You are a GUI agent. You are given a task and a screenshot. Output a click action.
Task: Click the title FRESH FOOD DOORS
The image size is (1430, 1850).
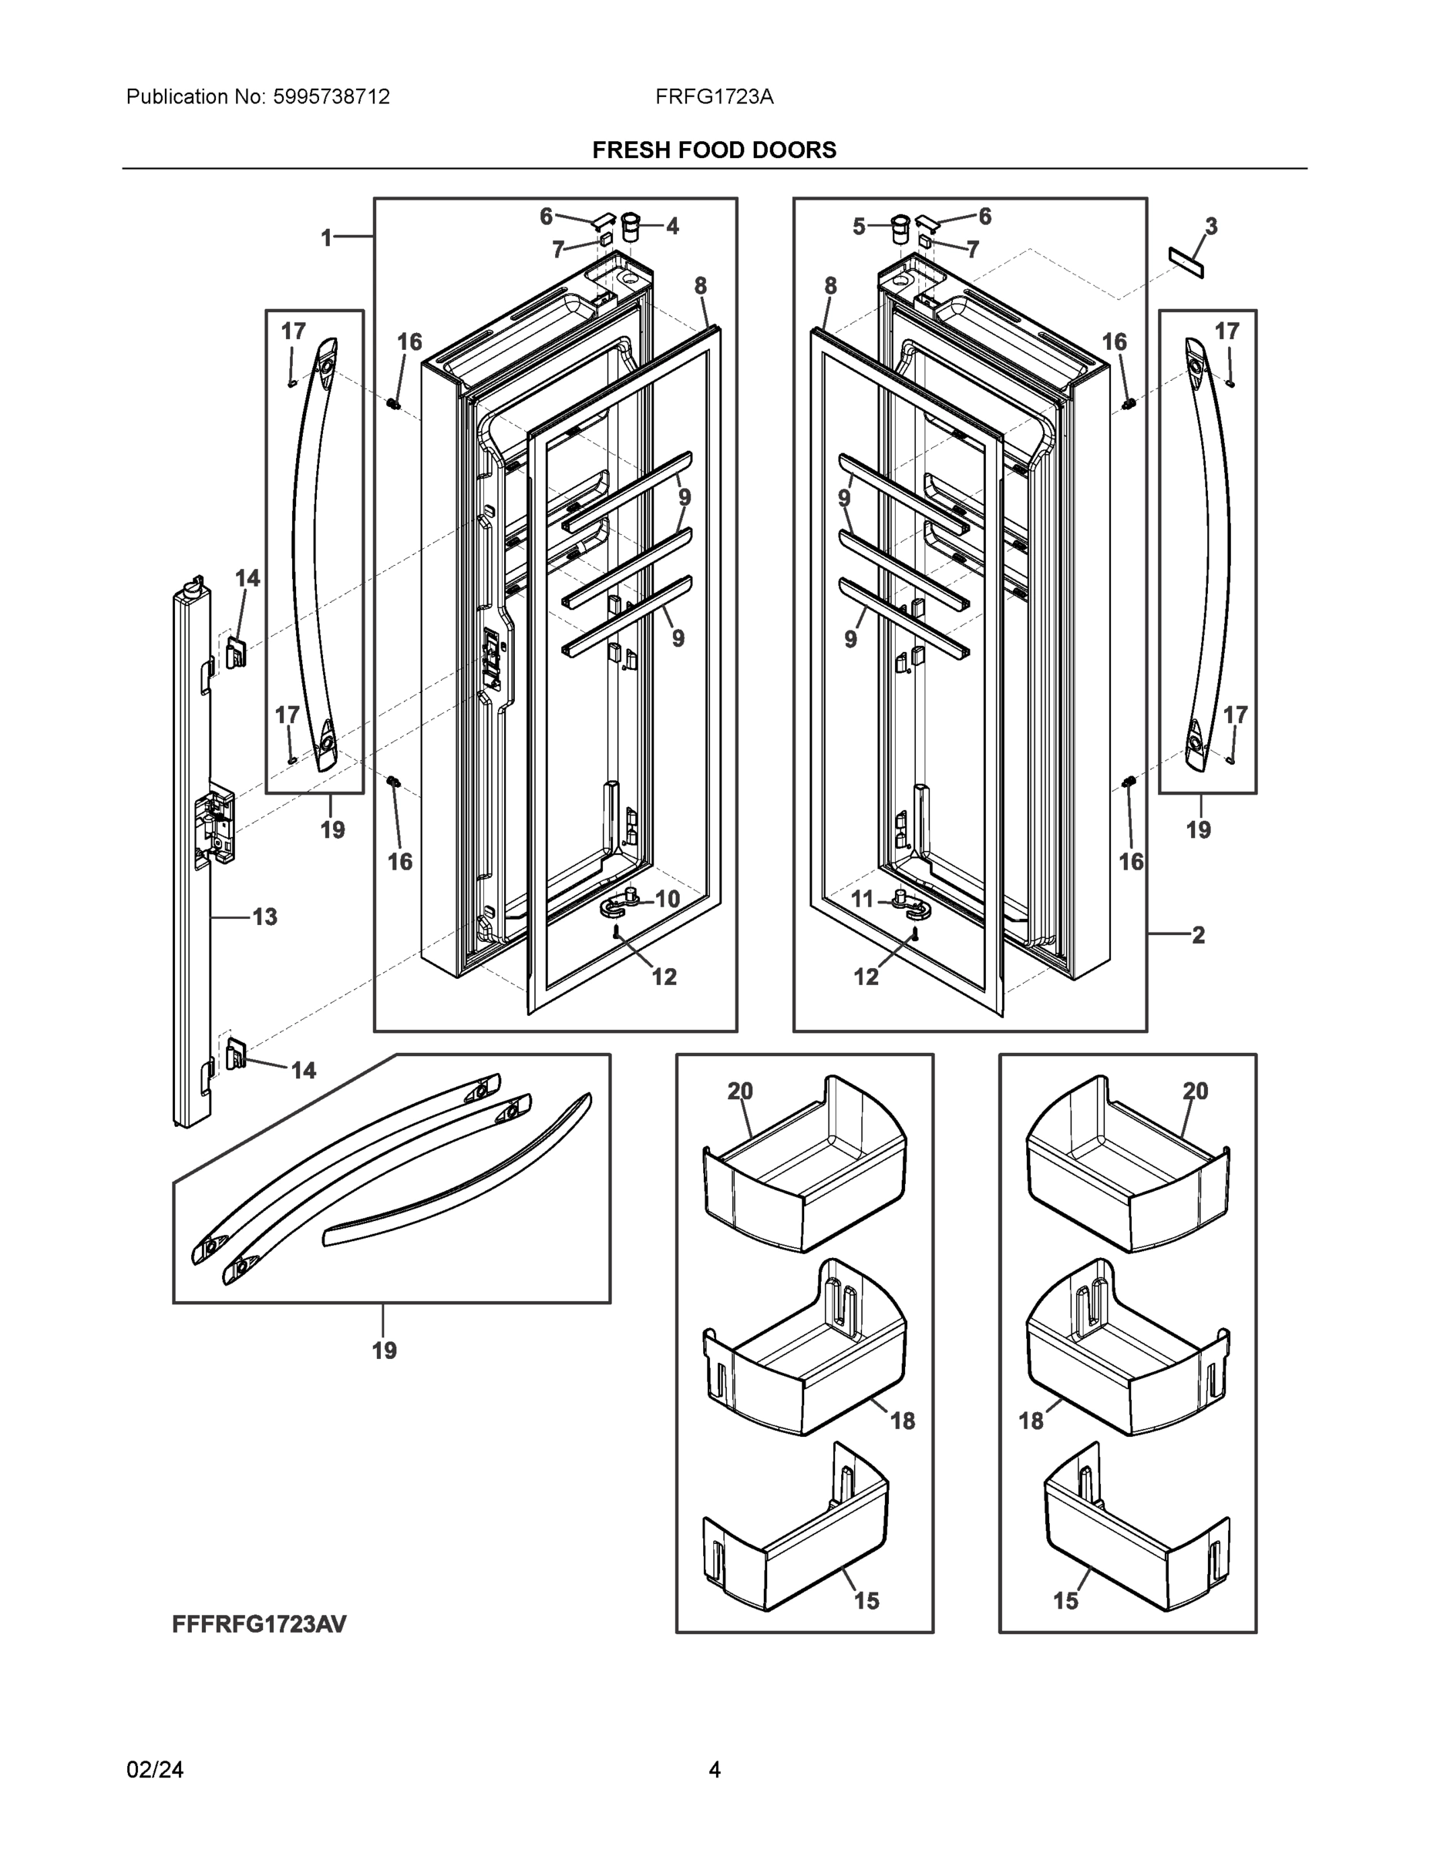click(x=714, y=150)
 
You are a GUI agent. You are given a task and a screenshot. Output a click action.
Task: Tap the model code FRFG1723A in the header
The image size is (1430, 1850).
click(x=714, y=96)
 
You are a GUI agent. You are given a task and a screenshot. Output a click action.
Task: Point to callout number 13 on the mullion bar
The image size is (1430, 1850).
click(x=264, y=917)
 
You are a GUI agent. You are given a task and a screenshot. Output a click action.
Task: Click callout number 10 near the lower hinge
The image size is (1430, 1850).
click(x=668, y=899)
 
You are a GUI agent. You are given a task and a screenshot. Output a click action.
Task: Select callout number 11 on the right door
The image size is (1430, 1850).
click(x=863, y=899)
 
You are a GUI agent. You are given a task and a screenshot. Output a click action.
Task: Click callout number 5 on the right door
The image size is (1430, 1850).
click(x=859, y=226)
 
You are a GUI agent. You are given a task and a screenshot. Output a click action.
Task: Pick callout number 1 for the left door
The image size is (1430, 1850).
click(x=326, y=238)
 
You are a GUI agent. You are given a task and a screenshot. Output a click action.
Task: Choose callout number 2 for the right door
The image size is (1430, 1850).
click(x=1198, y=935)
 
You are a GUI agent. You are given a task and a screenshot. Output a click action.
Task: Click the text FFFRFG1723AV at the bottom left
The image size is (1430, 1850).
click(x=259, y=1624)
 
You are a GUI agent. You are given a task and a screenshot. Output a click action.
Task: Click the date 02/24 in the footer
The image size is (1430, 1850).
click(x=155, y=1770)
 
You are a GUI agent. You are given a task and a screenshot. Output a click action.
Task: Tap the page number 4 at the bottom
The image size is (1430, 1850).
click(x=714, y=1770)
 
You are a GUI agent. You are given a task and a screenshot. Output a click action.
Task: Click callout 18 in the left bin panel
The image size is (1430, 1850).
click(x=902, y=1421)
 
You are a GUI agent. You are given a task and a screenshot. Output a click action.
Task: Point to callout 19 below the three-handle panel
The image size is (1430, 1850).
click(x=384, y=1350)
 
